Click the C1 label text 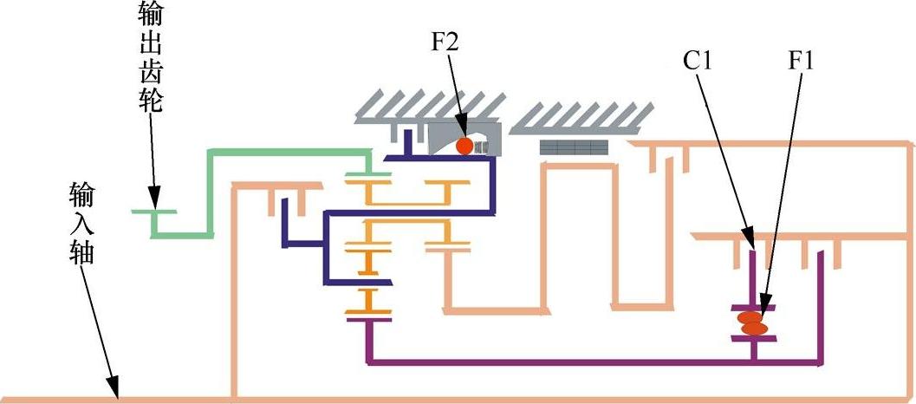point(698,61)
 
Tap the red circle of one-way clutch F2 point(464,146)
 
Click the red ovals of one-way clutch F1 point(751,323)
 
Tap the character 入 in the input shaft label point(83,221)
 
